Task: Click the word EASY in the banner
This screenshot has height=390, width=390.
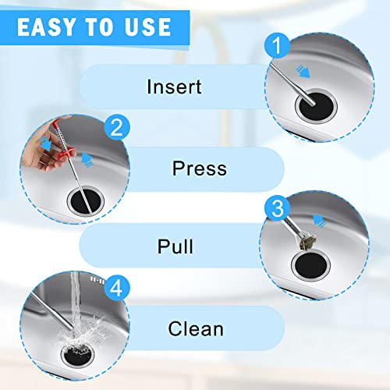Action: coord(48,27)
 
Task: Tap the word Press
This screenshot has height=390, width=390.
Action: coord(199,168)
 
